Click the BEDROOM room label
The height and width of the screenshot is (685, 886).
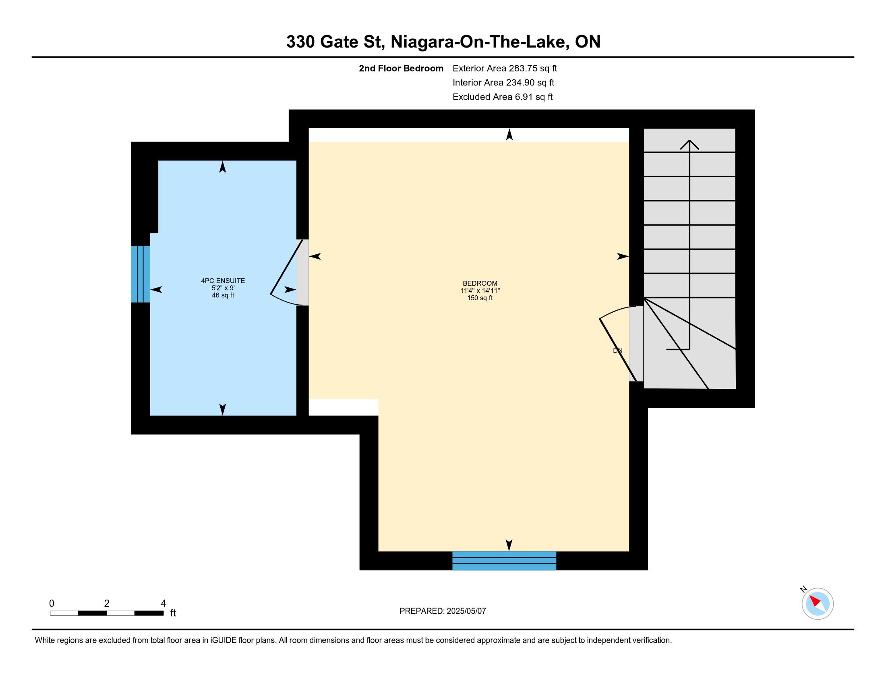(480, 283)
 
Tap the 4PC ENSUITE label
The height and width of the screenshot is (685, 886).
(223, 280)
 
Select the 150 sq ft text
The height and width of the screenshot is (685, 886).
(480, 298)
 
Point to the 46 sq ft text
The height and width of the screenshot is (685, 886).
(223, 295)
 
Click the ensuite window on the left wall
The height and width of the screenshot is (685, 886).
(141, 274)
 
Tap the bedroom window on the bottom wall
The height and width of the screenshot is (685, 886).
(504, 560)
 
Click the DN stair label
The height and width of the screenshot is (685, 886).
(617, 351)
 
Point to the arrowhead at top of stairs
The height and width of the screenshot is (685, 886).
(689, 144)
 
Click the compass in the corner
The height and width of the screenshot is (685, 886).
(818, 604)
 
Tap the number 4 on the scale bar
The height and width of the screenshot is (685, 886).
(163, 604)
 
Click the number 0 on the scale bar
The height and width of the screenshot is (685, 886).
(52, 604)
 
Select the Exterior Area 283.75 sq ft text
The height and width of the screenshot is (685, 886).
(505, 68)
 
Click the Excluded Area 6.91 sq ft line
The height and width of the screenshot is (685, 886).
(503, 97)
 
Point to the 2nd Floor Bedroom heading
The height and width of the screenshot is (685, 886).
(401, 68)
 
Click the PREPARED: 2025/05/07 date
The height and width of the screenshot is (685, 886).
(443, 611)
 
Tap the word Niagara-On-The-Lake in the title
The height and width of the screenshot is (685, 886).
(479, 42)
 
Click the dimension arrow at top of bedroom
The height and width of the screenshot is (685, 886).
(509, 134)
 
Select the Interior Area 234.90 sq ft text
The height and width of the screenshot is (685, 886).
(503, 82)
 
